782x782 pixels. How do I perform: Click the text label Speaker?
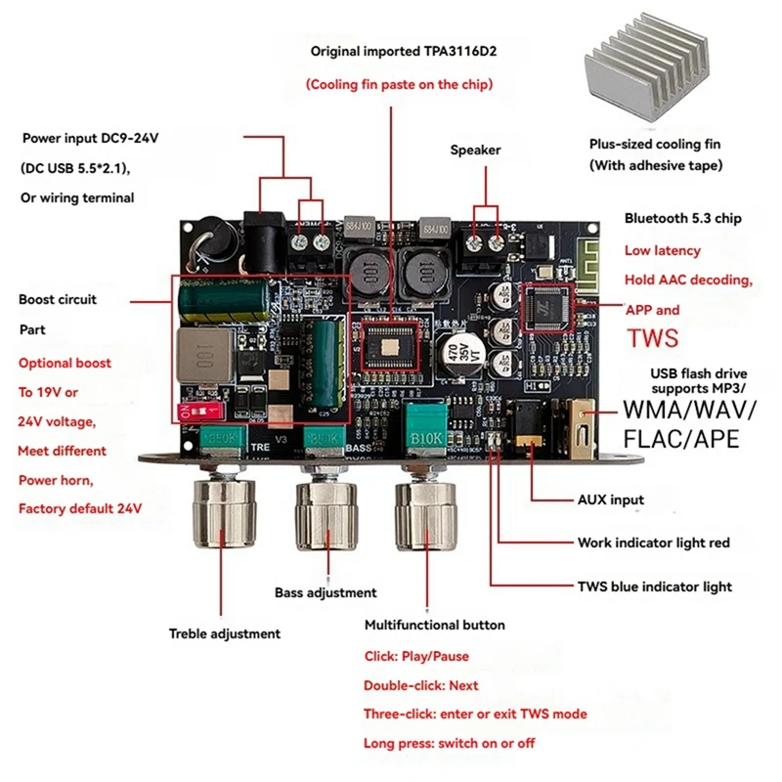(x=475, y=150)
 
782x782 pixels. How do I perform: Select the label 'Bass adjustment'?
(x=326, y=592)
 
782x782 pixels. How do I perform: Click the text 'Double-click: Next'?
(x=420, y=686)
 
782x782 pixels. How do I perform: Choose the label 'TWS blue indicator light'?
(x=654, y=586)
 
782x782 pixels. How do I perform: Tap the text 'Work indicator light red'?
(x=653, y=543)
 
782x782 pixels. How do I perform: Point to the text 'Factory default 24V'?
(x=80, y=508)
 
